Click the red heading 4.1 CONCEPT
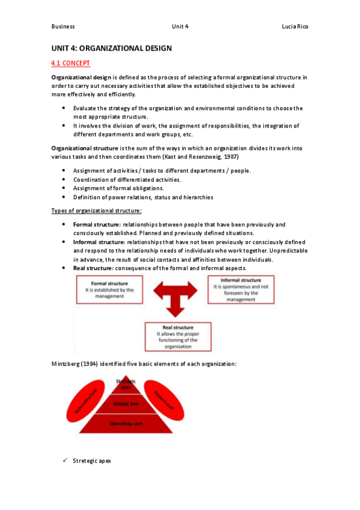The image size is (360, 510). tap(71, 62)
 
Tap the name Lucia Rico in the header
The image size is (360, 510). tap(296, 27)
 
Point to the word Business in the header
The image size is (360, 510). tap(63, 27)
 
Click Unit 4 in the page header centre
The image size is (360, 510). tap(180, 27)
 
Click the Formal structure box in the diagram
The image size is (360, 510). tap(109, 290)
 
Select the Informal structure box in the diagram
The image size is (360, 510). tap(240, 290)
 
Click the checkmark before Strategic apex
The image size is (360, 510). tap(65, 461)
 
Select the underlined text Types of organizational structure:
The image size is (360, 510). tap(96, 210)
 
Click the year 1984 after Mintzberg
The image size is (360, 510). tap(92, 364)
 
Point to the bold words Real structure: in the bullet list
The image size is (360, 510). tap(93, 268)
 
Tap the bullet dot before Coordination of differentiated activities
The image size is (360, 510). tap(64, 179)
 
